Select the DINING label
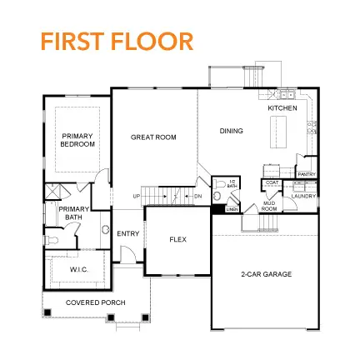(231, 131)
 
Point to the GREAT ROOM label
(153, 137)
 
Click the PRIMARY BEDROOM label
(77, 139)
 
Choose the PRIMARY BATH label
(72, 216)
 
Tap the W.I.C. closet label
(79, 269)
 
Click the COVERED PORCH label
(95, 302)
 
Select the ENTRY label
(127, 233)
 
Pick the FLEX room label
(177, 239)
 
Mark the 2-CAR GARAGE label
(266, 273)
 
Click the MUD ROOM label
(269, 206)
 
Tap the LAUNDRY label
(303, 196)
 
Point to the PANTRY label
(306, 174)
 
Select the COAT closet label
(271, 182)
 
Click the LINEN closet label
(232, 208)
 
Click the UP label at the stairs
(137, 197)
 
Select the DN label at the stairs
(197, 197)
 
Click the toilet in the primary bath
(52, 238)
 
